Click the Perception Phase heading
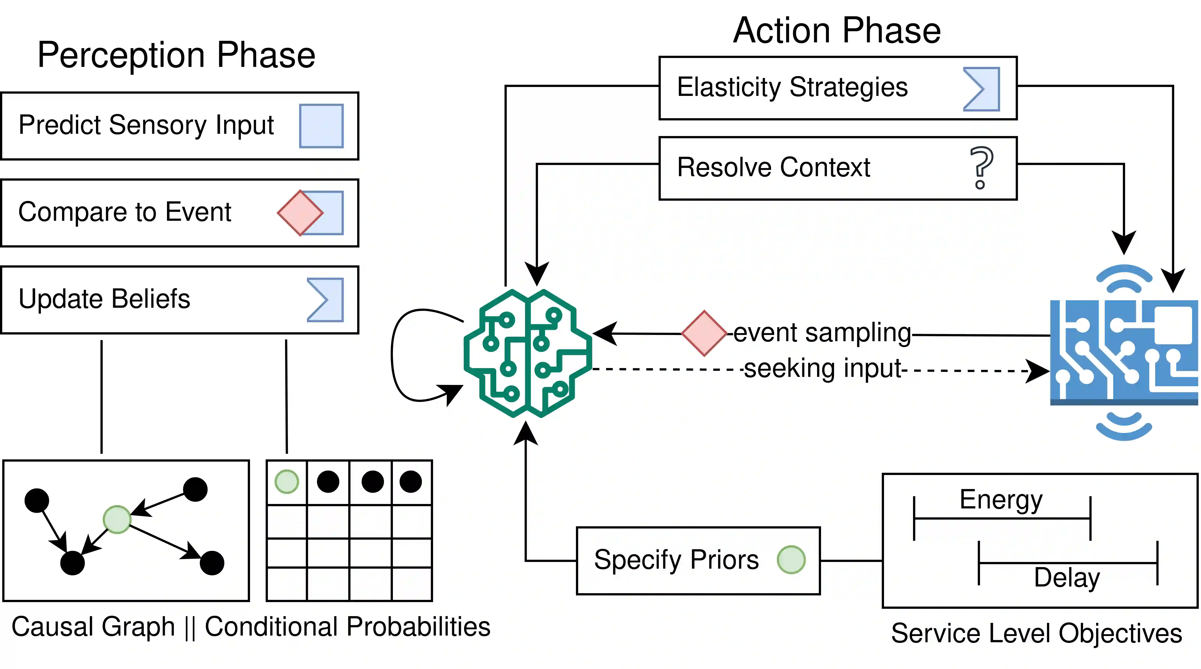point(176,55)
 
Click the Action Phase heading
point(837,31)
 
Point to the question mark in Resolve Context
point(981,168)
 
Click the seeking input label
point(823,369)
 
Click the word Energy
point(1001,500)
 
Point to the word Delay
point(1067,578)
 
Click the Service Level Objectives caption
point(1036,634)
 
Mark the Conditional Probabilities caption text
point(347,627)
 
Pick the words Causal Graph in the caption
point(93,627)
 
